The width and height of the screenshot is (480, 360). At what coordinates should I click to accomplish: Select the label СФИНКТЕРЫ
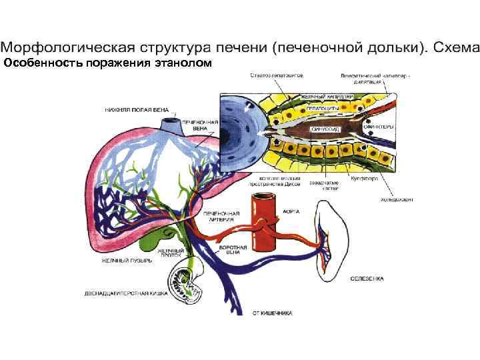click(x=378, y=127)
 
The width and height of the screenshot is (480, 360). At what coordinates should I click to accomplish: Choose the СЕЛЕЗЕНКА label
click(x=368, y=277)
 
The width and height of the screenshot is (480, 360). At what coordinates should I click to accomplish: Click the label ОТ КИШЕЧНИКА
click(x=271, y=312)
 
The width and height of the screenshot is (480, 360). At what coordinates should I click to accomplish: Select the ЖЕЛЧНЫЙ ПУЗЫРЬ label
click(x=127, y=260)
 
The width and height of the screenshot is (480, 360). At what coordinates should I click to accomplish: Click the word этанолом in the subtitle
click(x=183, y=63)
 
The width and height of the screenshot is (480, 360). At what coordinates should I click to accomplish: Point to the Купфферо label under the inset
click(x=365, y=179)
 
